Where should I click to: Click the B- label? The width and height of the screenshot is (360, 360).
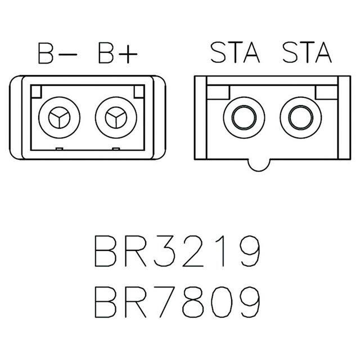tap(57, 53)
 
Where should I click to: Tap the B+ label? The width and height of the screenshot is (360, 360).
tap(118, 53)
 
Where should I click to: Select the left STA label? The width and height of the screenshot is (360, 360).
tap(235, 52)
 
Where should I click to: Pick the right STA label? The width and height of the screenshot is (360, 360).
tap(307, 52)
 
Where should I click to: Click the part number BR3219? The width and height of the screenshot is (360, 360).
tap(177, 251)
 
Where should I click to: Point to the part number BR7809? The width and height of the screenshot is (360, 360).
tap(177, 302)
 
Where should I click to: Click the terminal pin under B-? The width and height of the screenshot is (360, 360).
tap(59, 118)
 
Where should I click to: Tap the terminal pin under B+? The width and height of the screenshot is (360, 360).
tap(116, 118)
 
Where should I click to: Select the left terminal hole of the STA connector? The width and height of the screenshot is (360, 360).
tap(244, 118)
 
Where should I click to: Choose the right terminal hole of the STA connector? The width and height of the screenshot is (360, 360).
tap(301, 118)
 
